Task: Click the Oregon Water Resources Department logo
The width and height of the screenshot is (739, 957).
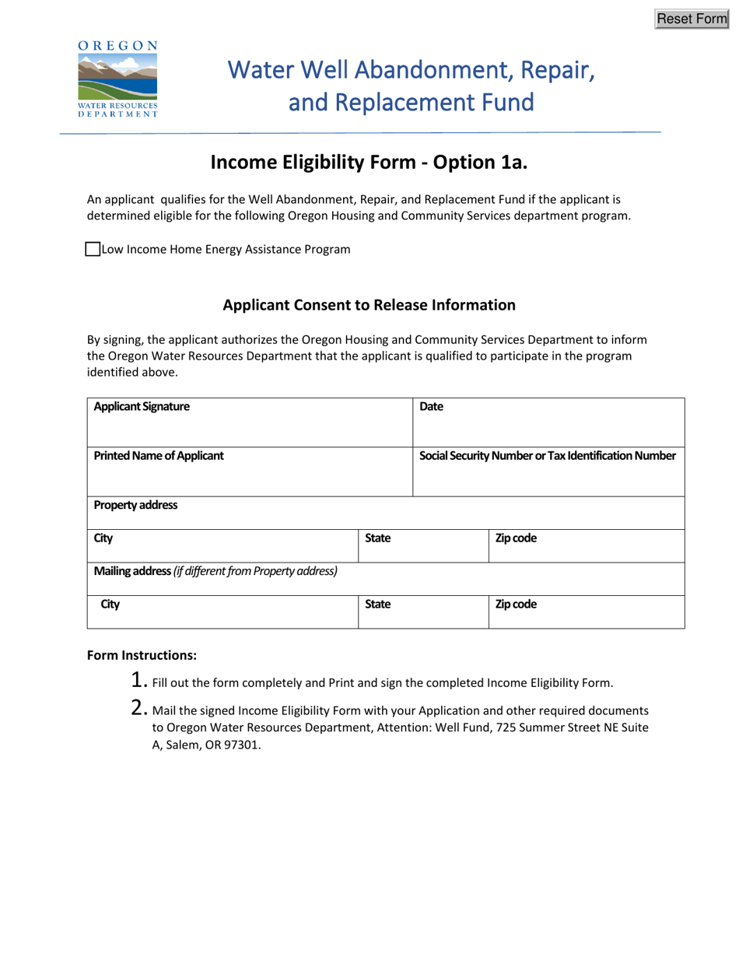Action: click(x=118, y=79)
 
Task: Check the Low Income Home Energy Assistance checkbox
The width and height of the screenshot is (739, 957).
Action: click(x=92, y=249)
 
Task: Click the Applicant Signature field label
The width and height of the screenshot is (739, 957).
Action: click(x=141, y=406)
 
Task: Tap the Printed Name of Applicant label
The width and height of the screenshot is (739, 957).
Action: click(x=159, y=455)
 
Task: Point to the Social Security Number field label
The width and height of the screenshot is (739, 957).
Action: click(x=548, y=455)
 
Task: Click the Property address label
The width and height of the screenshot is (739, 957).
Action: click(x=135, y=504)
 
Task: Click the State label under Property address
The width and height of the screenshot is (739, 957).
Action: click(x=377, y=538)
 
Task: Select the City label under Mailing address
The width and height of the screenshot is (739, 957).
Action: click(x=110, y=603)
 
